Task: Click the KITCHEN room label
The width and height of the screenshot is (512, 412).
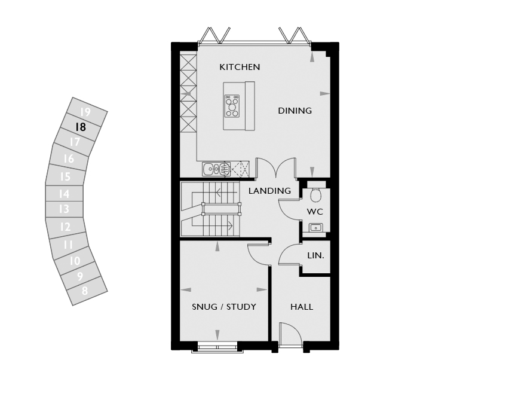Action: point(240,67)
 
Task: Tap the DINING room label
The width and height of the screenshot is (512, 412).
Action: point(295,111)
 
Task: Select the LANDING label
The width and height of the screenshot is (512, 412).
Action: point(269,191)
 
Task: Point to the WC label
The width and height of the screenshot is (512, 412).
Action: point(315,212)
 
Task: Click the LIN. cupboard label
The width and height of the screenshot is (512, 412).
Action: point(316,255)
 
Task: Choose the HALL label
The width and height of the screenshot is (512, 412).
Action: point(302,307)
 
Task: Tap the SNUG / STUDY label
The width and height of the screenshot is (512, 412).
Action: point(224,307)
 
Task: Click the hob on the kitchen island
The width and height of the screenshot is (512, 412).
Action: point(232,106)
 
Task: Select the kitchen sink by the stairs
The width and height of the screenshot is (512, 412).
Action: point(216,169)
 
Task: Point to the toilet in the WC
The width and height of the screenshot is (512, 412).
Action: point(315,194)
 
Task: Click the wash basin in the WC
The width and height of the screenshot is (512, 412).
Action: point(316,227)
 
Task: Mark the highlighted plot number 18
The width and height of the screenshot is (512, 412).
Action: point(80,127)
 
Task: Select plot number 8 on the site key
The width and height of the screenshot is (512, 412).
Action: point(85,291)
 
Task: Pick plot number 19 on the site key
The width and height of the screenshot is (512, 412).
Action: point(85,112)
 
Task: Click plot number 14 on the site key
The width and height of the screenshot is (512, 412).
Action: point(65,194)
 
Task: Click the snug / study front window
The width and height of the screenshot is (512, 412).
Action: point(217,347)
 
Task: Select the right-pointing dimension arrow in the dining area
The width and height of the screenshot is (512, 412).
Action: point(325,93)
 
